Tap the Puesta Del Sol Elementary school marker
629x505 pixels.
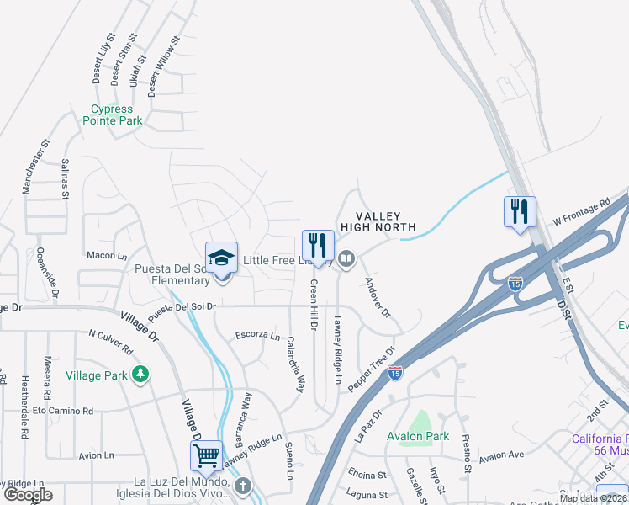222,258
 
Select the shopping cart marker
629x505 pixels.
206,456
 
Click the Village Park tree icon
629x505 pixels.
141,373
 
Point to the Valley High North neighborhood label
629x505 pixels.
378,221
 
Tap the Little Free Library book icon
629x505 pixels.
345,258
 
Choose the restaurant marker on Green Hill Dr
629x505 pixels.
318,245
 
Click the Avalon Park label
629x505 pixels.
418,436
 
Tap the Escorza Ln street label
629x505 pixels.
257,335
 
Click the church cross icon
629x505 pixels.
243,485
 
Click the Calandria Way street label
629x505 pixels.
294,364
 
